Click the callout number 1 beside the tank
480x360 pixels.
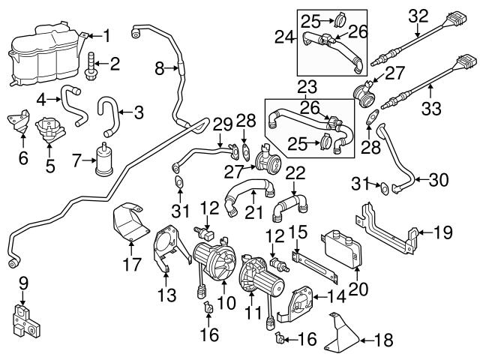[106, 34]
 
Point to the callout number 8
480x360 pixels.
[158, 69]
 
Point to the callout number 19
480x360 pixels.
[443, 232]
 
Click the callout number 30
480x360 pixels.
[441, 180]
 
